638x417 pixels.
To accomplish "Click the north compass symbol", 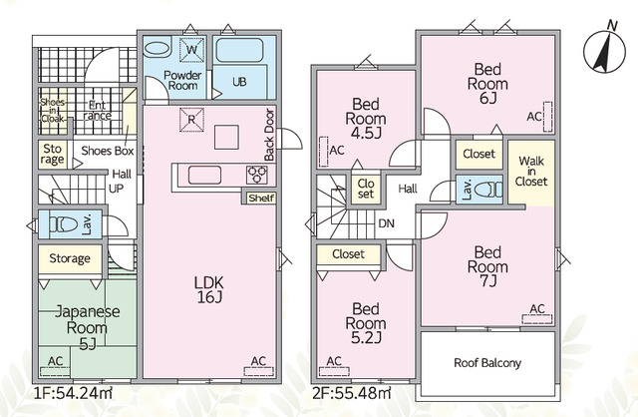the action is [604, 51].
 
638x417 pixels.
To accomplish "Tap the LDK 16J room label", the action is [209, 289].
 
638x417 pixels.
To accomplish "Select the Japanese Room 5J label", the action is [87, 328].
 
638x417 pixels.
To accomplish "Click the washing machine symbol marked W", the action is [191, 50].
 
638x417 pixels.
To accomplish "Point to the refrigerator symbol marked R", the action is [191, 120].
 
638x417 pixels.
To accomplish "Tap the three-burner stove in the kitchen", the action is [257, 175].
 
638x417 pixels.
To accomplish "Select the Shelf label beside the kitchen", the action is [261, 199].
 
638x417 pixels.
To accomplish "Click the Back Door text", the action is [269, 135].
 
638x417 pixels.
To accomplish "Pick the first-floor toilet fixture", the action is [64, 224].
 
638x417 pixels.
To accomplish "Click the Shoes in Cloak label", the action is [53, 111].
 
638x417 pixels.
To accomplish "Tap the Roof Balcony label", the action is [487, 363].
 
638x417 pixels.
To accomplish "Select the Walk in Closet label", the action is [531, 171].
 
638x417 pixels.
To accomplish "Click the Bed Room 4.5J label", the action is [366, 119].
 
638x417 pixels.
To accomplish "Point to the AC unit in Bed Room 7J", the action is [537, 319].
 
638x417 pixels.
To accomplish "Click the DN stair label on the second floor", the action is [386, 223].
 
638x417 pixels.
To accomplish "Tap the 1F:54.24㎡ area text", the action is [73, 393].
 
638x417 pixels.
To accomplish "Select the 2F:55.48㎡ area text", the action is [352, 393].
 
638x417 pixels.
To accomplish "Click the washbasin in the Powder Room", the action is [158, 49].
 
